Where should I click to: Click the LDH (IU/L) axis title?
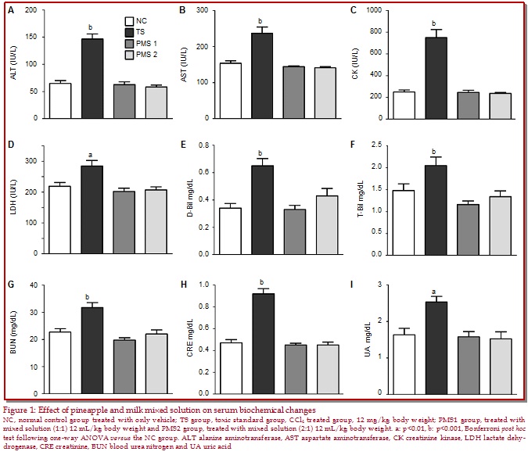[11, 202]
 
